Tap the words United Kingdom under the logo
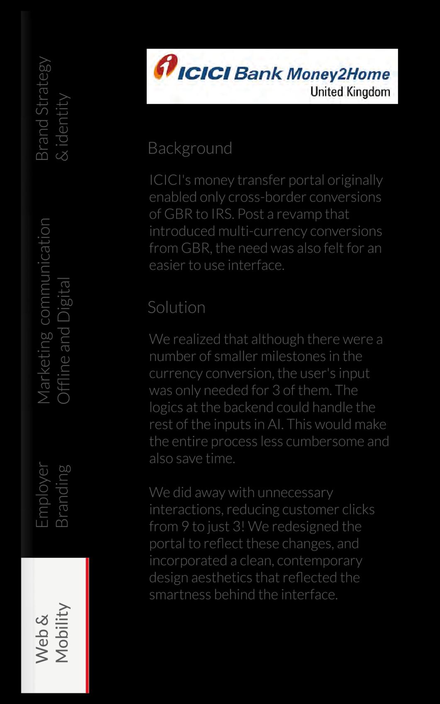350,92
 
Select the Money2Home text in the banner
338,74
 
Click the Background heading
190,148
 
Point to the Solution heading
176,307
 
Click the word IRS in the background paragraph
222,214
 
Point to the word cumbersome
325,441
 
